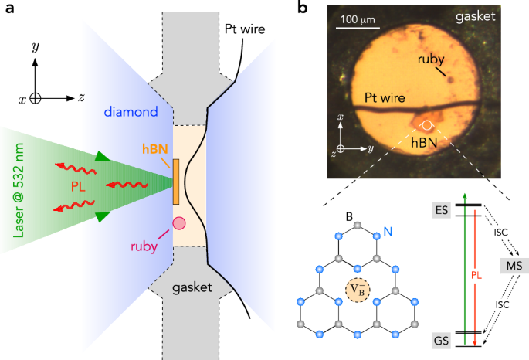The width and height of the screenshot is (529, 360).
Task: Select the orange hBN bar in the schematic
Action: [x=176, y=180]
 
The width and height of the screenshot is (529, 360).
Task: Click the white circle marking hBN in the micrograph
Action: [x=428, y=124]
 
